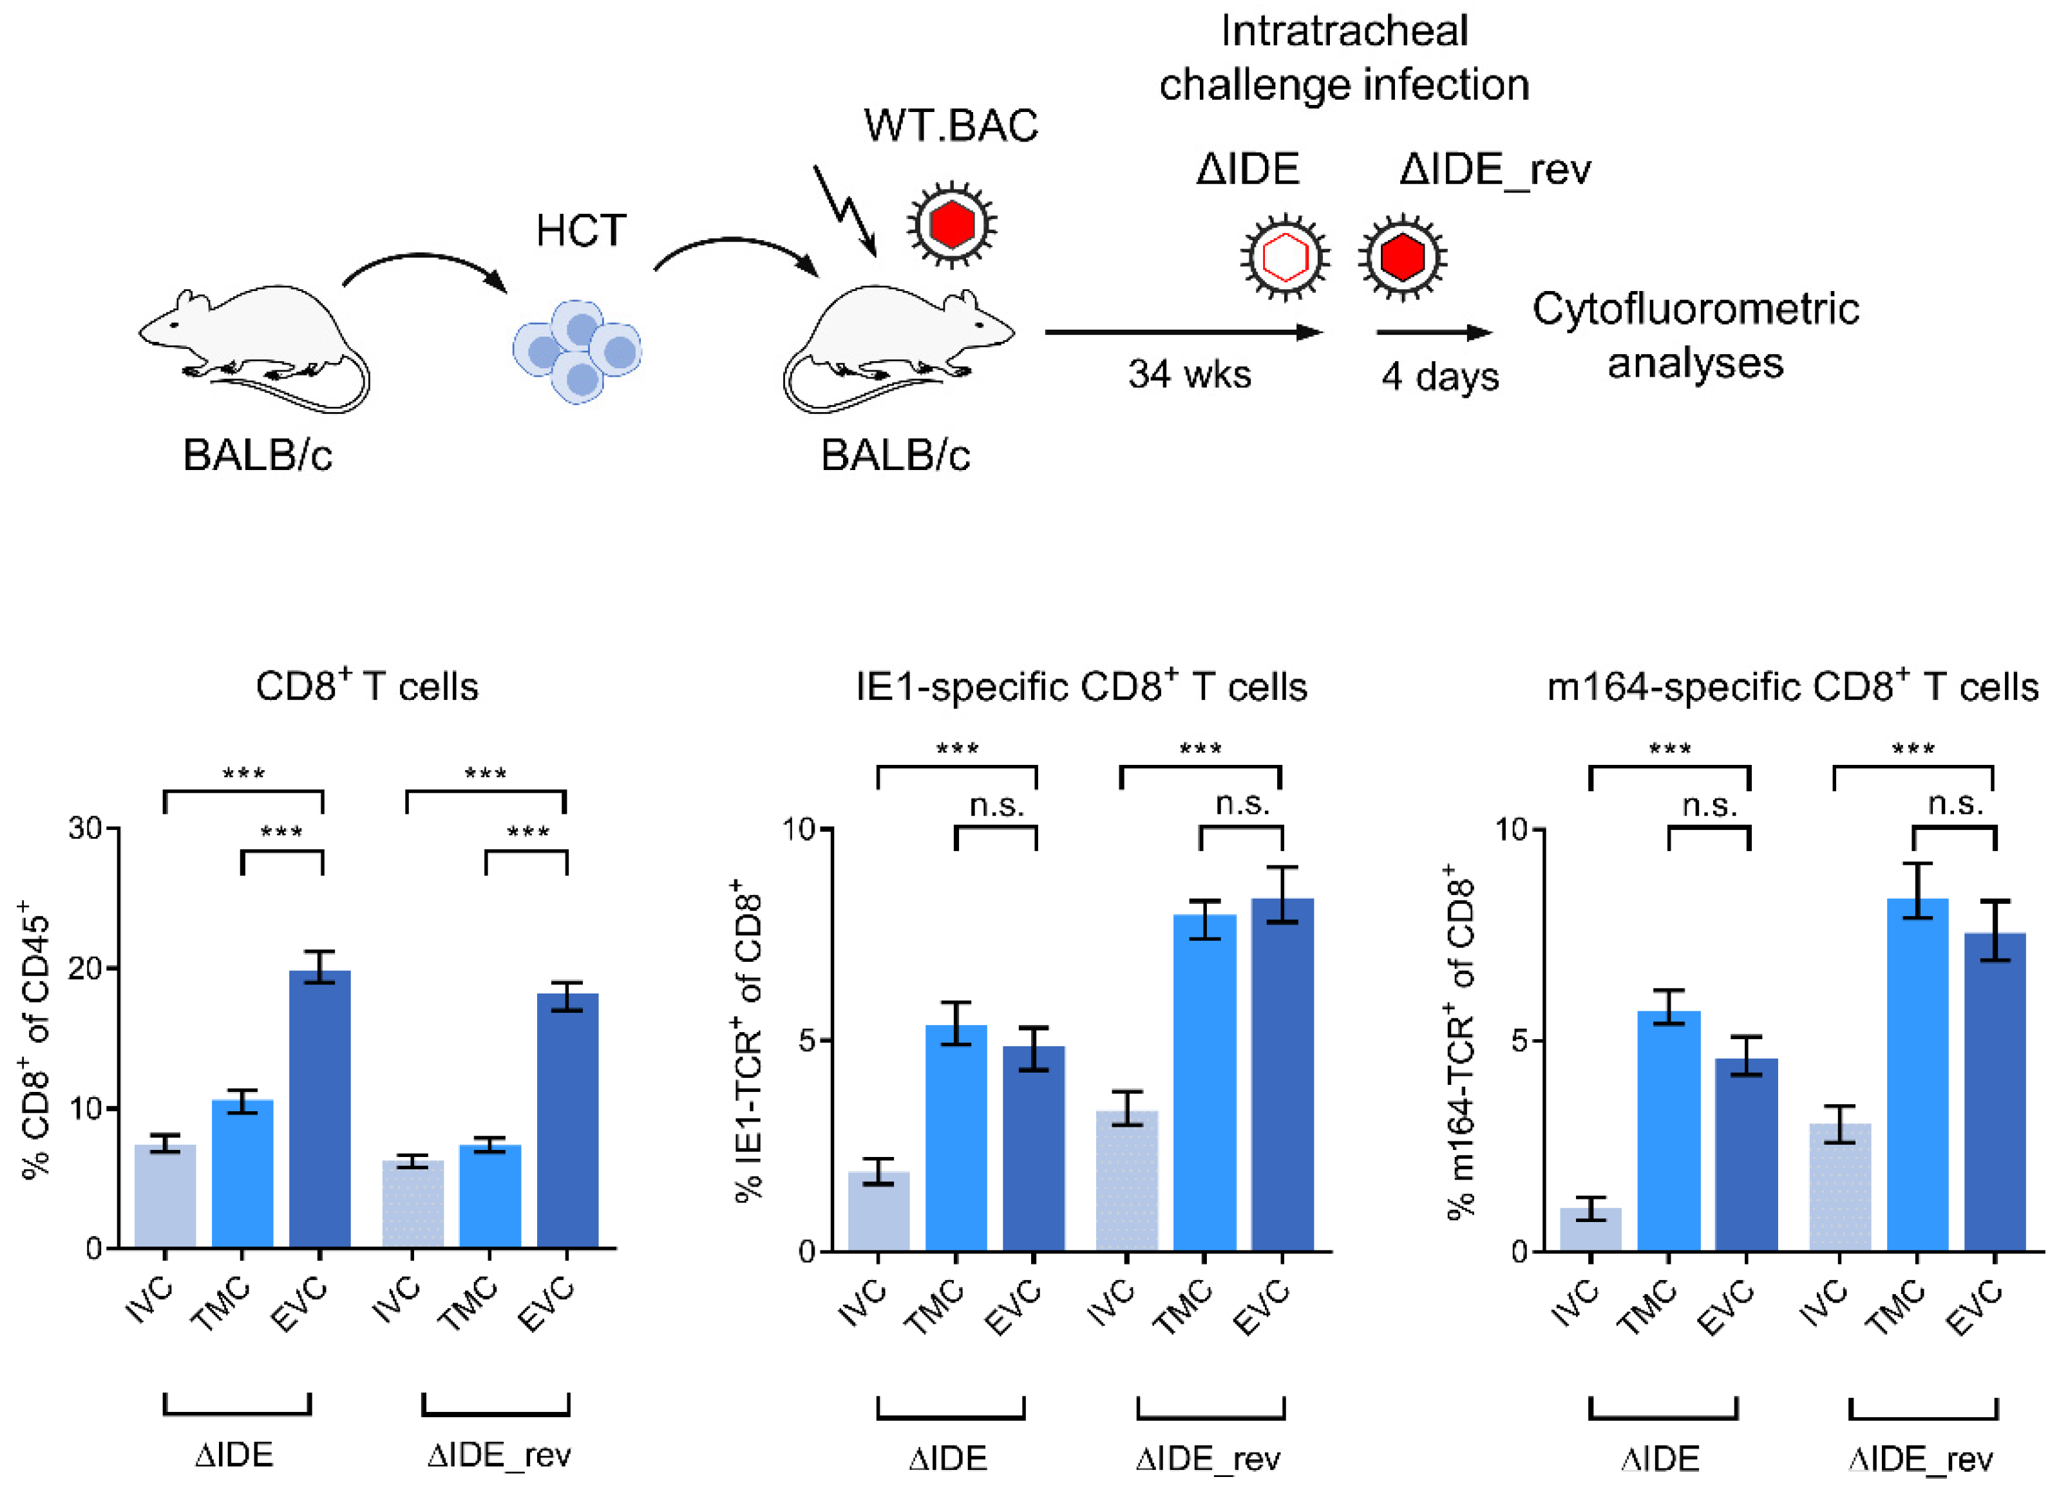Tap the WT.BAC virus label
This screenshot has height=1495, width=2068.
(951, 126)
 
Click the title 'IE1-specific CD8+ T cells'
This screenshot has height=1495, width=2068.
(1081, 686)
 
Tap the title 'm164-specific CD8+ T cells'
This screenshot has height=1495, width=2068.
(1792, 686)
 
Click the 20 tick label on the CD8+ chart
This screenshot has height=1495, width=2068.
(86, 968)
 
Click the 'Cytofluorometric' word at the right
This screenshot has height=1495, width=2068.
(1695, 309)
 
